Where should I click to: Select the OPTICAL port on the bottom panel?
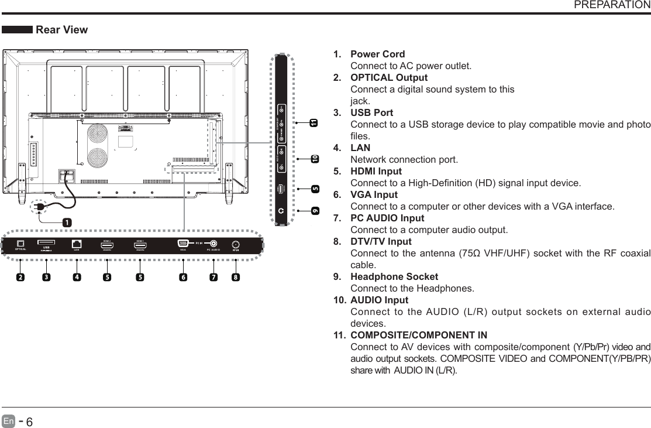click(21, 244)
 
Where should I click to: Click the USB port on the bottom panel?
click(46, 243)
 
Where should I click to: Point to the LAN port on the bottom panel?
click(77, 244)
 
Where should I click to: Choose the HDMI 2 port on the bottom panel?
click(106, 245)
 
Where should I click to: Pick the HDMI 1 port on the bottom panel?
click(140, 245)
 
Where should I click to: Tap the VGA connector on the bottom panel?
click(182, 244)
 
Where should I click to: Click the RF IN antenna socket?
click(236, 245)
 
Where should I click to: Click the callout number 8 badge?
click(235, 277)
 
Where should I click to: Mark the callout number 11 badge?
click(314, 123)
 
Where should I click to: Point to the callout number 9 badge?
click(315, 210)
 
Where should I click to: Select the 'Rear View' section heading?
click(62, 30)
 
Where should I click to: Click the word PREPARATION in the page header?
click(612, 5)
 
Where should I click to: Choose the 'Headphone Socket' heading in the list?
click(394, 276)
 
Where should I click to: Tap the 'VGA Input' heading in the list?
click(374, 194)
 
